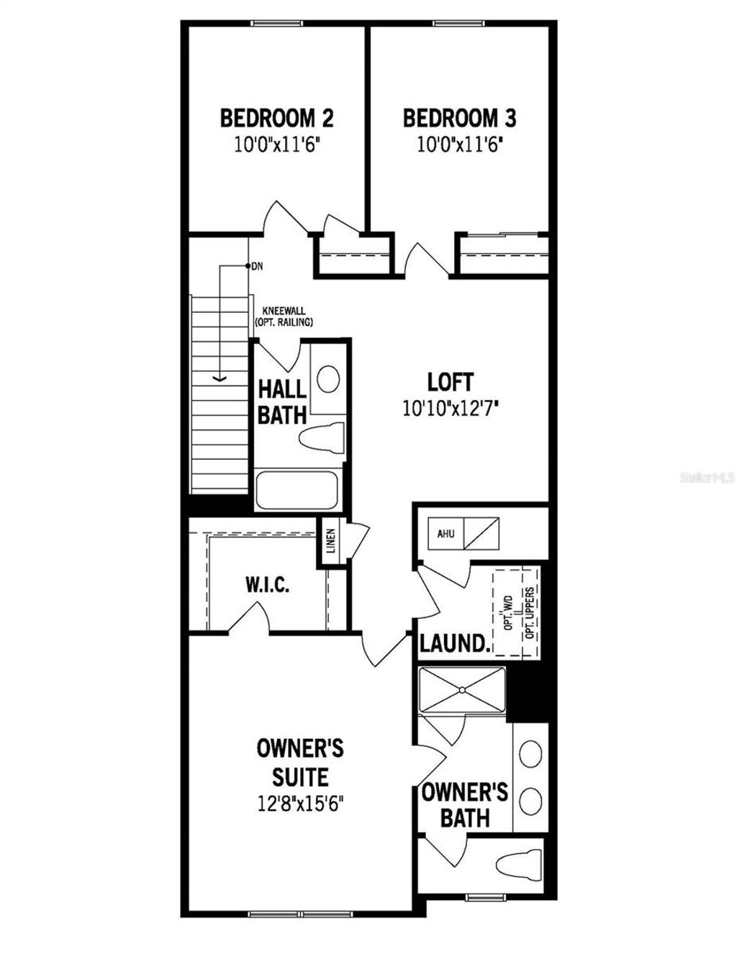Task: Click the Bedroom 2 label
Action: pos(276,117)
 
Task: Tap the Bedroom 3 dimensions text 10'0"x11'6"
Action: pos(458,145)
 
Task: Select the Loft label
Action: pos(450,381)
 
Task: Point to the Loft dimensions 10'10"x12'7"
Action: pos(451,409)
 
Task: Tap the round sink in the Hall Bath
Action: pos(328,379)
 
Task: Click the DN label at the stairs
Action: pos(257,266)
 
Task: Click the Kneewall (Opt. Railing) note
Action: pos(284,317)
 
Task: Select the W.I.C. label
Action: pos(267,584)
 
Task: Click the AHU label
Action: pos(446,534)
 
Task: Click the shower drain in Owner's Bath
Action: pos(462,690)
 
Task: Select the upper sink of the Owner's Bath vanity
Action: pos(531,753)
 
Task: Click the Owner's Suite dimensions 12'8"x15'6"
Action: pos(300,803)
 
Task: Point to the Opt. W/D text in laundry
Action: pos(507,612)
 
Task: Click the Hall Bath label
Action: pos(282,402)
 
